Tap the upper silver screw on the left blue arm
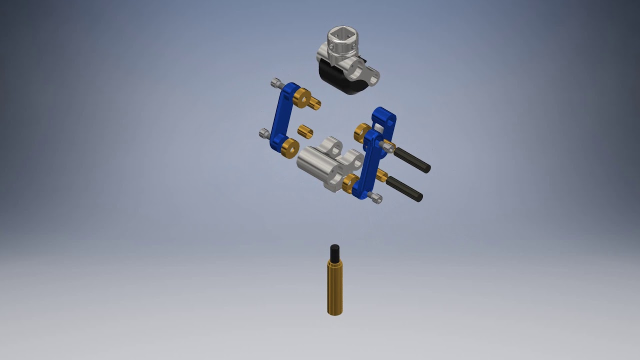tap(276, 82)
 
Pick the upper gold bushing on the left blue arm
tap(301, 97)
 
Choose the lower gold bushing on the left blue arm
tap(289, 148)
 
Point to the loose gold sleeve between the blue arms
tap(305, 132)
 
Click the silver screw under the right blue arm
tap(374, 197)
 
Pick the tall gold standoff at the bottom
tap(335, 288)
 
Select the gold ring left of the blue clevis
tap(362, 132)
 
